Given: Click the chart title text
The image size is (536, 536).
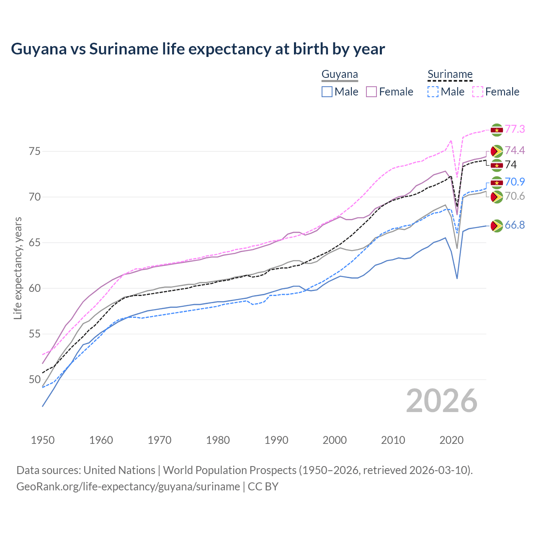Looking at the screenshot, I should pos(198,49).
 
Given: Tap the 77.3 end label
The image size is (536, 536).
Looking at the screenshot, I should pos(515,129).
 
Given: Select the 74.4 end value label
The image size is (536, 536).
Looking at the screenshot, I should pos(515,150).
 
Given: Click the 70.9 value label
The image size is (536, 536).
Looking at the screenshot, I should pos(515,182).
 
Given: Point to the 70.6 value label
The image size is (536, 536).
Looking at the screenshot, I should pos(515,196).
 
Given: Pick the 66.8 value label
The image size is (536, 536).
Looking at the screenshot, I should pos(515,225).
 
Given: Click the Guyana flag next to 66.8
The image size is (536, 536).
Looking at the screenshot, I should pos(497,226).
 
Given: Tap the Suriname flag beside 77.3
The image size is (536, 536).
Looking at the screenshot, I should pos(497,130).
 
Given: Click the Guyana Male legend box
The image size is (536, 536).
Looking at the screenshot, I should pos(327,92).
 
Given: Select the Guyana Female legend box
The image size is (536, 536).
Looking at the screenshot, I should pos(371,92).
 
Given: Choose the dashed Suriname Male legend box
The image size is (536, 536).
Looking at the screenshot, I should pos(433,92).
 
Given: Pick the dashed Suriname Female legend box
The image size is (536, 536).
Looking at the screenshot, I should pos(477,92).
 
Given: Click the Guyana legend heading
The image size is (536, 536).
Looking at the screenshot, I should pos(340,75).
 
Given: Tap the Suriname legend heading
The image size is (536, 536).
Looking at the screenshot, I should pos(450,75).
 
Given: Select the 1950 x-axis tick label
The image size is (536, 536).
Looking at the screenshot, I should pos(43,440).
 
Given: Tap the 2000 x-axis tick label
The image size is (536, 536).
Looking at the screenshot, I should pos(335,440).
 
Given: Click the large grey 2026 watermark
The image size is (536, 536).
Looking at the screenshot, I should pos(441,401).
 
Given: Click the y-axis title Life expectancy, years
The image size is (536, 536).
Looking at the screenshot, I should pos(18,268).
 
